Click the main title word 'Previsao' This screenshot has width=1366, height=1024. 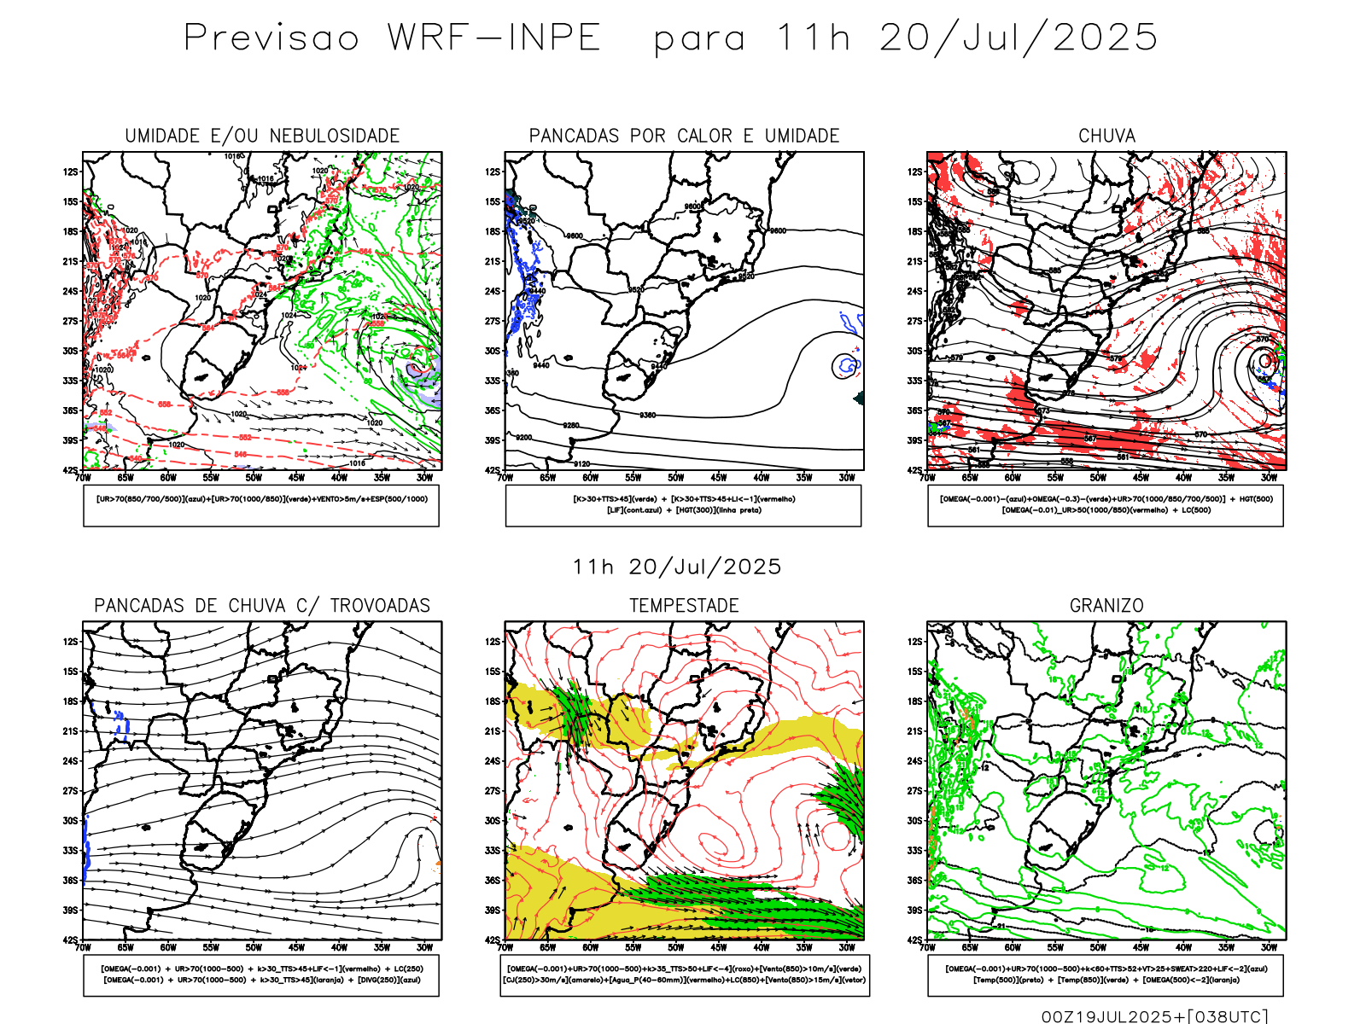click(x=271, y=38)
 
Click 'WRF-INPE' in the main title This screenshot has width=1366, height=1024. click(x=494, y=38)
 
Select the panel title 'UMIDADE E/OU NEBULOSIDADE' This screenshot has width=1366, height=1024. click(x=262, y=136)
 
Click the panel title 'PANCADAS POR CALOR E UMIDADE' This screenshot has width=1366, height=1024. click(x=684, y=136)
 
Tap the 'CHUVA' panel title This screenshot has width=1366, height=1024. click(x=1106, y=136)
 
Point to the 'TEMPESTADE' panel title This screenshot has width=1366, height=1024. click(x=684, y=606)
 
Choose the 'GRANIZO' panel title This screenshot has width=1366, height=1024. click(x=1106, y=606)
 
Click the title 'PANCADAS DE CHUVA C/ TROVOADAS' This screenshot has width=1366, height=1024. click(x=262, y=606)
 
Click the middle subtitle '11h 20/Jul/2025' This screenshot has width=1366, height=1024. click(x=676, y=567)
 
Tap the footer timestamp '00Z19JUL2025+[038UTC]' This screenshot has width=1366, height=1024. click(x=1154, y=1016)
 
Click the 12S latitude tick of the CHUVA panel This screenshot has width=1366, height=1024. click(x=914, y=172)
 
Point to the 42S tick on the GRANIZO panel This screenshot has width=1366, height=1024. click(x=914, y=940)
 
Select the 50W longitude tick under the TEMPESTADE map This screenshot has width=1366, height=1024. click(x=675, y=947)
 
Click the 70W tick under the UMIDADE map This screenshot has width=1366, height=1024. click(x=83, y=478)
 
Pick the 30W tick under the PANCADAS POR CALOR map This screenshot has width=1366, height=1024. click(x=846, y=478)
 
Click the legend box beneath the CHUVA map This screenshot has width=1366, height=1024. click(x=1106, y=505)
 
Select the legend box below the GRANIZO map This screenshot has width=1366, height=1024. click(x=1106, y=975)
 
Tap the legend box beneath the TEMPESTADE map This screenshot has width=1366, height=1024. click(x=684, y=975)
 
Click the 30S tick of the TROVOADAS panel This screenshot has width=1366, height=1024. click(x=70, y=821)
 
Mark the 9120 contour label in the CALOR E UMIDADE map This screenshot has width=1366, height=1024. click(x=581, y=464)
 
